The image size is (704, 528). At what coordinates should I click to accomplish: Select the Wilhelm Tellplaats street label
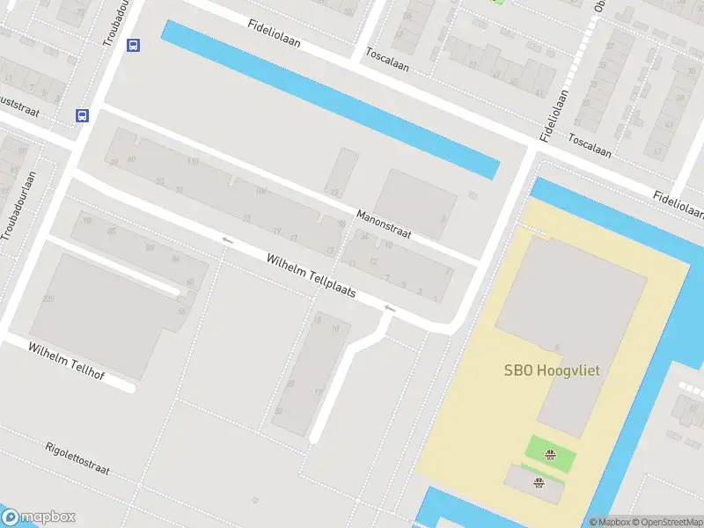pos(312,275)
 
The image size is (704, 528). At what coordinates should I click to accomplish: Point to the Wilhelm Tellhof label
pos(66,362)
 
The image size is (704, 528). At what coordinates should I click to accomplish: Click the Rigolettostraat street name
pos(77,458)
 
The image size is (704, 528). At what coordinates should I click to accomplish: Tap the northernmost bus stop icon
pos(133,46)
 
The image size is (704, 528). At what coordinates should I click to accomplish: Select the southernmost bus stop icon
pos(82,115)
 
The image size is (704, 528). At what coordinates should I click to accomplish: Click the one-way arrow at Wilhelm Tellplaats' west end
pos(227,239)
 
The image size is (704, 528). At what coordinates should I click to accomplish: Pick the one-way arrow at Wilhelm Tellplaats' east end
pos(389,308)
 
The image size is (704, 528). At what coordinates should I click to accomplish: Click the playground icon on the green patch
pos(550,455)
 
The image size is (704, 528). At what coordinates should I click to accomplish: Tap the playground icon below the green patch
pos(539,481)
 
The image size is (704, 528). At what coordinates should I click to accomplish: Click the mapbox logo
pos(39,517)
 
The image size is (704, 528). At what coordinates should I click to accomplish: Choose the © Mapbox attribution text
pos(609,522)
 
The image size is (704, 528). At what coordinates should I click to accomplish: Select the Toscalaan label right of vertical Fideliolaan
pos(589,145)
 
